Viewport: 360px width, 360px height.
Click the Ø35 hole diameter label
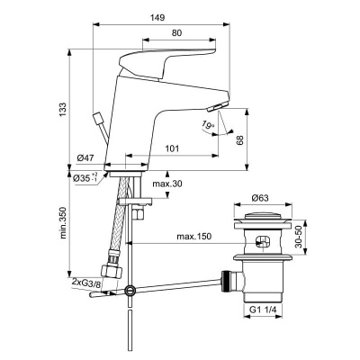pyautogui.click(x=85, y=176)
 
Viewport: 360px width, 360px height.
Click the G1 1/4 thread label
pyautogui.click(x=263, y=315)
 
